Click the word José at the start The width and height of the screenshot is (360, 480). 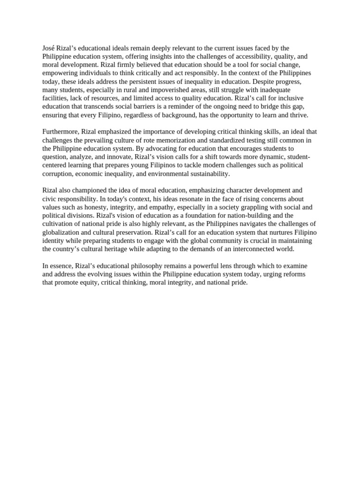tap(48, 48)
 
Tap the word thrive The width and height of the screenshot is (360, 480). tap(297, 115)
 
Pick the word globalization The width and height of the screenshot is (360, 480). tap(62, 232)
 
